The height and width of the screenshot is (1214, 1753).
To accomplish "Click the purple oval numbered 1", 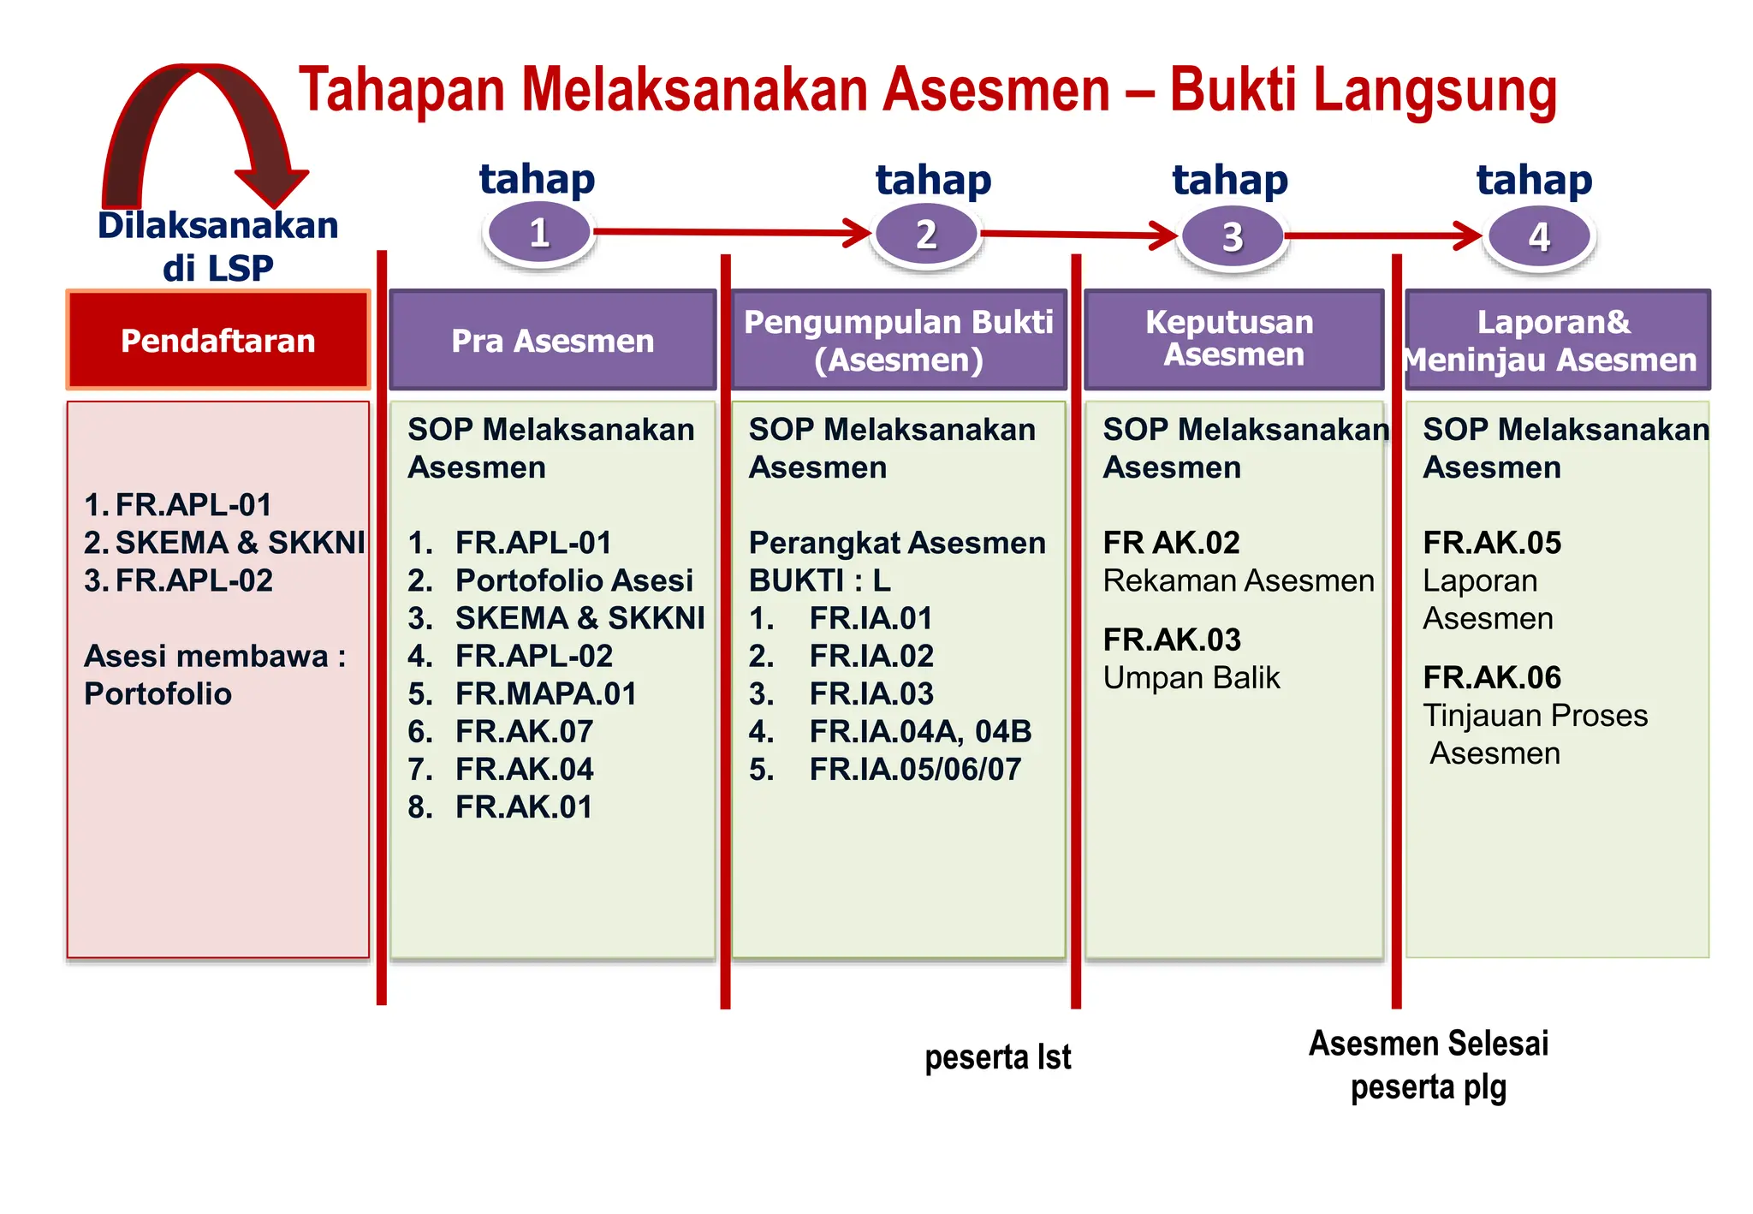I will click(538, 232).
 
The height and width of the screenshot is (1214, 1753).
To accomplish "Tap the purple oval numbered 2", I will click(925, 235).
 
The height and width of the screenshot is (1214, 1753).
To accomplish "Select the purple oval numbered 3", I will click(1232, 236).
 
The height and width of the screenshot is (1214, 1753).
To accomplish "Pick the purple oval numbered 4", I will click(1539, 236).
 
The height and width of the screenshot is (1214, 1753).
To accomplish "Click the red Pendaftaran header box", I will click(218, 340).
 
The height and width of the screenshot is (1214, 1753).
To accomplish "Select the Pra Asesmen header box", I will click(552, 340).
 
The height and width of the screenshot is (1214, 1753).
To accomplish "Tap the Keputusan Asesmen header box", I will click(1233, 339).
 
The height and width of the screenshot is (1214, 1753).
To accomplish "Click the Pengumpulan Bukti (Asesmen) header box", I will click(898, 340).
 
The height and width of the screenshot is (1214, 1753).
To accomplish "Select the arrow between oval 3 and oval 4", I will click(1382, 235).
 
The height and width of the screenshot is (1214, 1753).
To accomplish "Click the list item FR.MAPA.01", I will click(545, 693).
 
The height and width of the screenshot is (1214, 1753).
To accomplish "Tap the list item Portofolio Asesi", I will click(573, 580).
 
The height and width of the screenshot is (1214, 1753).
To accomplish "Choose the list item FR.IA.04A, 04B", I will click(920, 731).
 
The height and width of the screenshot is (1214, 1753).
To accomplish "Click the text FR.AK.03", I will click(1172, 640).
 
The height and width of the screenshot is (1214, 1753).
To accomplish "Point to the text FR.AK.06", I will click(1492, 677).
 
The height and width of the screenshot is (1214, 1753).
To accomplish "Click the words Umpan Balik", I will click(1191, 677).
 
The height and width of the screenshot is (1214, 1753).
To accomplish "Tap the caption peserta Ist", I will click(997, 1057).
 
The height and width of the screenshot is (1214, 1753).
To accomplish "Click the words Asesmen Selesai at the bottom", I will click(1429, 1044).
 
